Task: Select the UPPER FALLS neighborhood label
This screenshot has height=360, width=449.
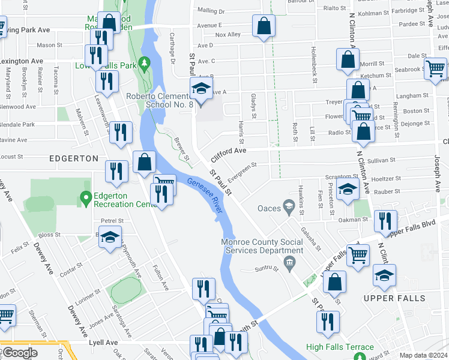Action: (394, 298)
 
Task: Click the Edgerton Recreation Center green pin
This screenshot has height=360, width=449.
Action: (85, 196)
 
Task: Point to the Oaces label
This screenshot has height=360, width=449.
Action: (269, 208)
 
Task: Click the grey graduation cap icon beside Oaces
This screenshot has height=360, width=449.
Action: (289, 208)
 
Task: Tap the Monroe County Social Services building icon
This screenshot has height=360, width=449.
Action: (289, 262)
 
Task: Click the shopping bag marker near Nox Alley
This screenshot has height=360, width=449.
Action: (263, 26)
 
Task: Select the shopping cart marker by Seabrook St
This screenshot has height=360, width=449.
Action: (435, 68)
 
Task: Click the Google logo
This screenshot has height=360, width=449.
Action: (20, 353)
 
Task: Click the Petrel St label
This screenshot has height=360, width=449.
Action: (112, 220)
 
